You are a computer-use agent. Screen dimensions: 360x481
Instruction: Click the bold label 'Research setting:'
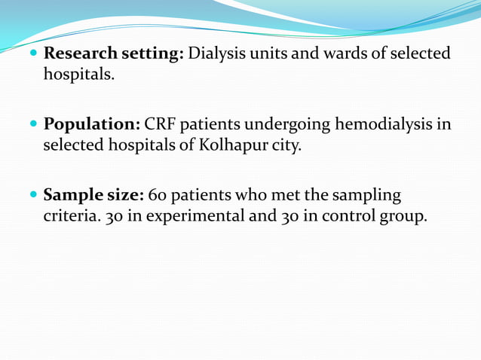pyautogui.click(x=114, y=54)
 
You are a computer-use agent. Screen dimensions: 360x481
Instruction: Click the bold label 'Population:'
pyautogui.click(x=92, y=124)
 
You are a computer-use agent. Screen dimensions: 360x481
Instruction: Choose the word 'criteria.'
pyautogui.click(x=69, y=216)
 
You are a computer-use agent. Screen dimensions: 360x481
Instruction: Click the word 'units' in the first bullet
pyautogui.click(x=266, y=54)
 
